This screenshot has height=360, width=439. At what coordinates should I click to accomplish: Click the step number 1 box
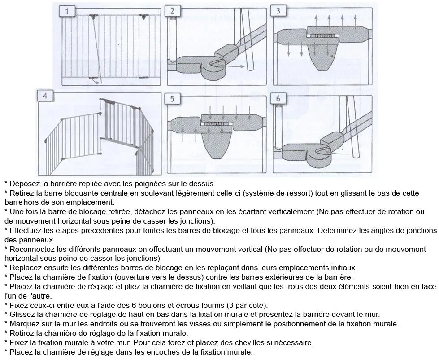point(67,11)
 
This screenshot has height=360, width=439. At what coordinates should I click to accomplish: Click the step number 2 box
point(173,11)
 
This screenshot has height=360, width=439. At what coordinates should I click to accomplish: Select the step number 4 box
point(45,96)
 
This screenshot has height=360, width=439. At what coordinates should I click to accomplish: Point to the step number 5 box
point(173,99)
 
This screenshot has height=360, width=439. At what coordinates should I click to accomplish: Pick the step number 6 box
point(278,99)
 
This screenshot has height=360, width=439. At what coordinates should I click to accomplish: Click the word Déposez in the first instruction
point(25,184)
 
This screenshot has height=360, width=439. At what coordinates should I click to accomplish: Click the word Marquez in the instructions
point(25,324)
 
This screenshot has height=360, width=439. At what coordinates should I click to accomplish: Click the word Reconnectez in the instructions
point(31,249)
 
